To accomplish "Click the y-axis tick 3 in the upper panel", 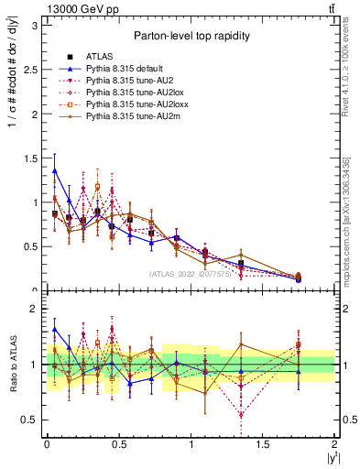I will click(37, 26).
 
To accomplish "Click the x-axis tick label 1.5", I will click(263, 443).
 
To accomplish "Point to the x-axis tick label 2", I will click(335, 443).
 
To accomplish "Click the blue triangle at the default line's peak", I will click(55, 169).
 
